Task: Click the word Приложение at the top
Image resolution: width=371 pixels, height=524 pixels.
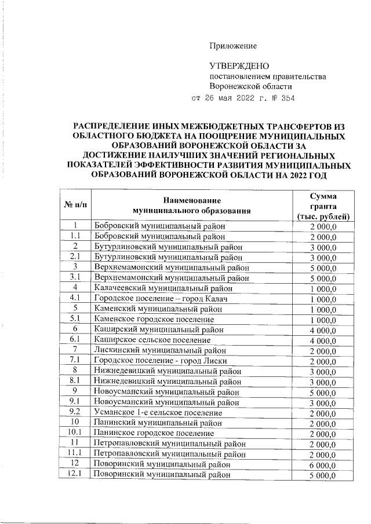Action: [x=233, y=46]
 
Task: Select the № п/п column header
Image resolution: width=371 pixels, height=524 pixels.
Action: [x=75, y=206]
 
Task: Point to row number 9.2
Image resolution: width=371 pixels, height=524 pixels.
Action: [x=75, y=413]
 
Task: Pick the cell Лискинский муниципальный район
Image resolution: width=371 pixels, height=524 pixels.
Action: [x=159, y=350]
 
